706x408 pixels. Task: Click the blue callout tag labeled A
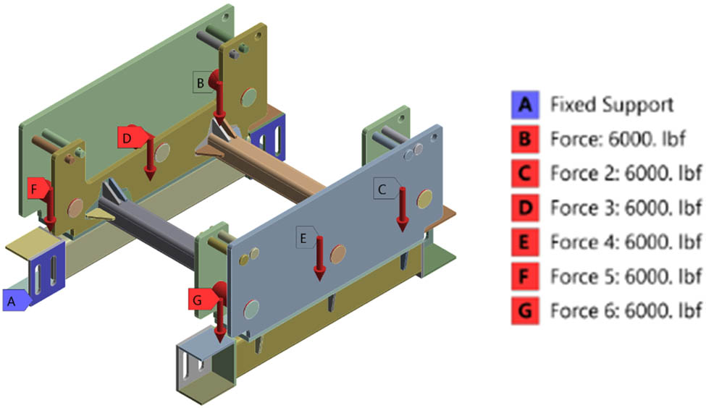tap(16, 300)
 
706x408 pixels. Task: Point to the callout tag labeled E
tap(307, 237)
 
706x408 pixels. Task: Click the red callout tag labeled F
tap(38, 189)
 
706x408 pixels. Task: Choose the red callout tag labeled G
tap(201, 299)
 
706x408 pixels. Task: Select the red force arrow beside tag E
tap(319, 259)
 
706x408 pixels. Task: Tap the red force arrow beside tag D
tap(150, 158)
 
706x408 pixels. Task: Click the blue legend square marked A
tap(525, 105)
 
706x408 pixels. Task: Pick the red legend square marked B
tap(525, 140)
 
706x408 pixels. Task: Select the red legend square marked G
tap(525, 310)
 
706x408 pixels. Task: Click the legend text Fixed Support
tap(612, 105)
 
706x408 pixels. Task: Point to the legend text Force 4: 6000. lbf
tap(626, 242)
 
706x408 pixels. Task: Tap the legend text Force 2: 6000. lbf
tap(626, 174)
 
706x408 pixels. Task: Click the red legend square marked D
tap(525, 208)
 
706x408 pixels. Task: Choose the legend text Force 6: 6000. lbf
tap(626, 310)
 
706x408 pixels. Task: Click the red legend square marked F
tap(525, 276)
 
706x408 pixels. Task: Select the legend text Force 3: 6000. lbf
tap(626, 208)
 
